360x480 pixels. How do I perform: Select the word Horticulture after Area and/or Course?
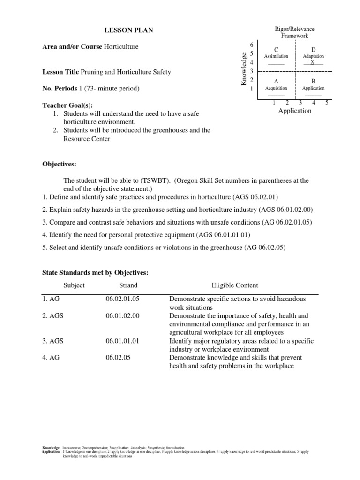(121, 47)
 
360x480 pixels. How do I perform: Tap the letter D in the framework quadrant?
(313, 50)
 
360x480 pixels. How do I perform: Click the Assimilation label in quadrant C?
(276, 56)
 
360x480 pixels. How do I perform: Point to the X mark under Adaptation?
(313, 62)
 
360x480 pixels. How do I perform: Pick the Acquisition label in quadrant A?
(276, 88)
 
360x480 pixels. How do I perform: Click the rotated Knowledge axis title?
(244, 69)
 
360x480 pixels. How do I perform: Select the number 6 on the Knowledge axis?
(252, 45)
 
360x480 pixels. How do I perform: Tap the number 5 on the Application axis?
(327, 103)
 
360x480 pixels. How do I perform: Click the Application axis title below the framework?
(294, 111)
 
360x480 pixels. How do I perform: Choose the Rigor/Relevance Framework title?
(294, 32)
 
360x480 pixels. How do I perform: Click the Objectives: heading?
(59, 165)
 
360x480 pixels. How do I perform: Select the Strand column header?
(128, 285)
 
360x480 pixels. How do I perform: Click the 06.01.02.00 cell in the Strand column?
(123, 316)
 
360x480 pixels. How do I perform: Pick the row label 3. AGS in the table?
(53, 341)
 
